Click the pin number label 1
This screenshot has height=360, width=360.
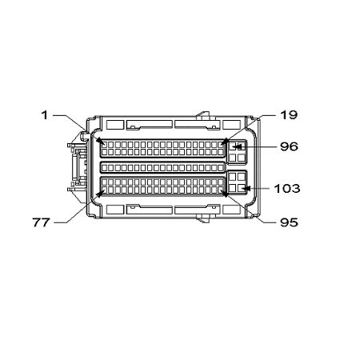click(x=45, y=115)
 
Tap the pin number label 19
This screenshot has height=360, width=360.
click(x=289, y=115)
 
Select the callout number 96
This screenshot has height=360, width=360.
click(x=289, y=146)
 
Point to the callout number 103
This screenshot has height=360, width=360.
click(x=287, y=188)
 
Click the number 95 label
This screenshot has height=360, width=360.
click(x=289, y=222)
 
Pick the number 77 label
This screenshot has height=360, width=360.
click(x=41, y=222)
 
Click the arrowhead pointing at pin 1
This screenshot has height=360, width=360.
click(x=100, y=141)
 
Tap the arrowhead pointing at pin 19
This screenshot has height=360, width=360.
click(x=226, y=141)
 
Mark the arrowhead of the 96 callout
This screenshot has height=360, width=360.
click(x=238, y=146)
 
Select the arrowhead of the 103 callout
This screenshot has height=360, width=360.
click(x=246, y=188)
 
